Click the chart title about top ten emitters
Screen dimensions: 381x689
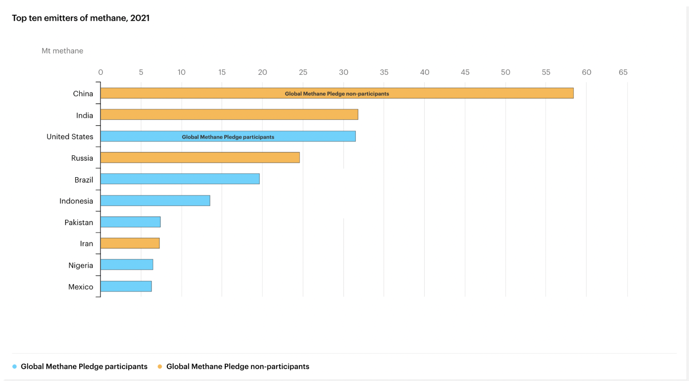click(81, 18)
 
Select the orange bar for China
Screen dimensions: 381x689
click(198, 93)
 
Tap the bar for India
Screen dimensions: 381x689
click(229, 115)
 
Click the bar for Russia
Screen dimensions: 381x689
click(200, 157)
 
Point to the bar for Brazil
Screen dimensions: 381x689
click(180, 179)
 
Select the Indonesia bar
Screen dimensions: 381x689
click(155, 200)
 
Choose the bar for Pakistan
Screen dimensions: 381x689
click(130, 222)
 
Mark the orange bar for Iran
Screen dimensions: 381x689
click(130, 243)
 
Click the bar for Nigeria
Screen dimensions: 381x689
click(127, 265)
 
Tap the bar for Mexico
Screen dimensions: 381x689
click(126, 286)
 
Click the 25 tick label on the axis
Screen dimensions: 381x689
click(303, 72)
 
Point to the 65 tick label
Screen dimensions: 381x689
click(623, 72)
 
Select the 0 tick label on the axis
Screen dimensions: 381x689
click(100, 72)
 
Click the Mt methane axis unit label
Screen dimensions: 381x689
click(62, 51)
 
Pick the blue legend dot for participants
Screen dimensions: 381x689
click(15, 367)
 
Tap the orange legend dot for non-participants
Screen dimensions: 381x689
click(160, 367)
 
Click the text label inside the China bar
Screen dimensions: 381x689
click(337, 94)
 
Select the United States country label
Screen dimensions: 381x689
click(70, 137)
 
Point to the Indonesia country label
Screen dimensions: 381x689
click(76, 201)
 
